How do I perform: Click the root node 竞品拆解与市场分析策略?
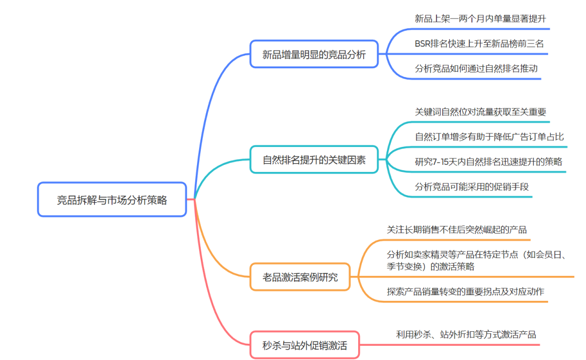pos(112,200)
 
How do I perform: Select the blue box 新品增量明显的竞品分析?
pos(314,54)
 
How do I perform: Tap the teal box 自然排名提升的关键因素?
pos(314,159)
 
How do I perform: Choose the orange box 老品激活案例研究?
pos(300,277)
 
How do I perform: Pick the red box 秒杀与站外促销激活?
pos(304,345)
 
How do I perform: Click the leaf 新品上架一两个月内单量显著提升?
pos(480,19)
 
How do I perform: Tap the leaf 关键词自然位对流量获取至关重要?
pos(480,112)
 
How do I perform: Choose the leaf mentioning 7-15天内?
pos(488,162)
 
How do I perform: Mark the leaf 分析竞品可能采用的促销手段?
pos(472,187)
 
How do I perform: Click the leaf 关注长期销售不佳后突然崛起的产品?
pos(456,229)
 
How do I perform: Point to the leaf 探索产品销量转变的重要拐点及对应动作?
pos(466,292)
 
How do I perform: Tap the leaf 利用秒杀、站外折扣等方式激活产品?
pos(466,335)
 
